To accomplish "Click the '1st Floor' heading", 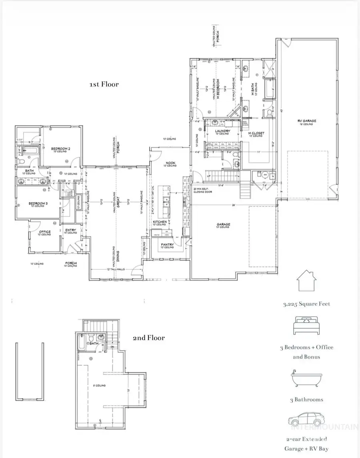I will [x=104, y=84].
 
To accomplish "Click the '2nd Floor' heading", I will [x=148, y=338].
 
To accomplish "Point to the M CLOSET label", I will [x=256, y=133].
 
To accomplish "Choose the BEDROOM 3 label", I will [x=38, y=204].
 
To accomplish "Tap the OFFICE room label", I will [x=44, y=232].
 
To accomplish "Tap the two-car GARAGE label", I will [x=223, y=225].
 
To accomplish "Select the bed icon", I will [x=307, y=325].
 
